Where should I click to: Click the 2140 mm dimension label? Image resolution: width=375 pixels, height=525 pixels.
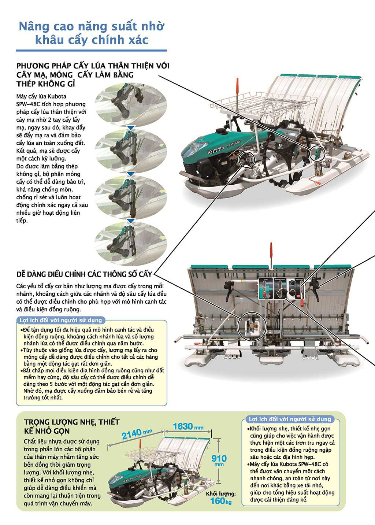pyautogui.click(x=136, y=434)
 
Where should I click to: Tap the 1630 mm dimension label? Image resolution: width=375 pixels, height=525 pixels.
pyautogui.click(x=188, y=426)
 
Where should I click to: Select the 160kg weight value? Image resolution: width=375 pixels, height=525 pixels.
pyautogui.click(x=221, y=501)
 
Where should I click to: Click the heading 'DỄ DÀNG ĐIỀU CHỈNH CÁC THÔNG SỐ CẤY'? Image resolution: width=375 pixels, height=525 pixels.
pyautogui.click(x=84, y=274)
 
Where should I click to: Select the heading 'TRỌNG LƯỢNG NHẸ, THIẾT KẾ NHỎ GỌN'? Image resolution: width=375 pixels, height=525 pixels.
pyautogui.click(x=72, y=426)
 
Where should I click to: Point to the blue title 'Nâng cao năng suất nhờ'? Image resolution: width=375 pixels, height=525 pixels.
pyautogui.click(x=92, y=26)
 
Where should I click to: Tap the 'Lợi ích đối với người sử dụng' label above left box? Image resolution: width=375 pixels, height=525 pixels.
pyautogui.click(x=61, y=320)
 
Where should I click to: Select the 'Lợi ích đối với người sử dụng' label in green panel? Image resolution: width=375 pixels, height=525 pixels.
pyautogui.click(x=290, y=419)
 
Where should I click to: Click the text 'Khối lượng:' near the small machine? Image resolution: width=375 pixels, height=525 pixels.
pyautogui.click(x=221, y=493)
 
